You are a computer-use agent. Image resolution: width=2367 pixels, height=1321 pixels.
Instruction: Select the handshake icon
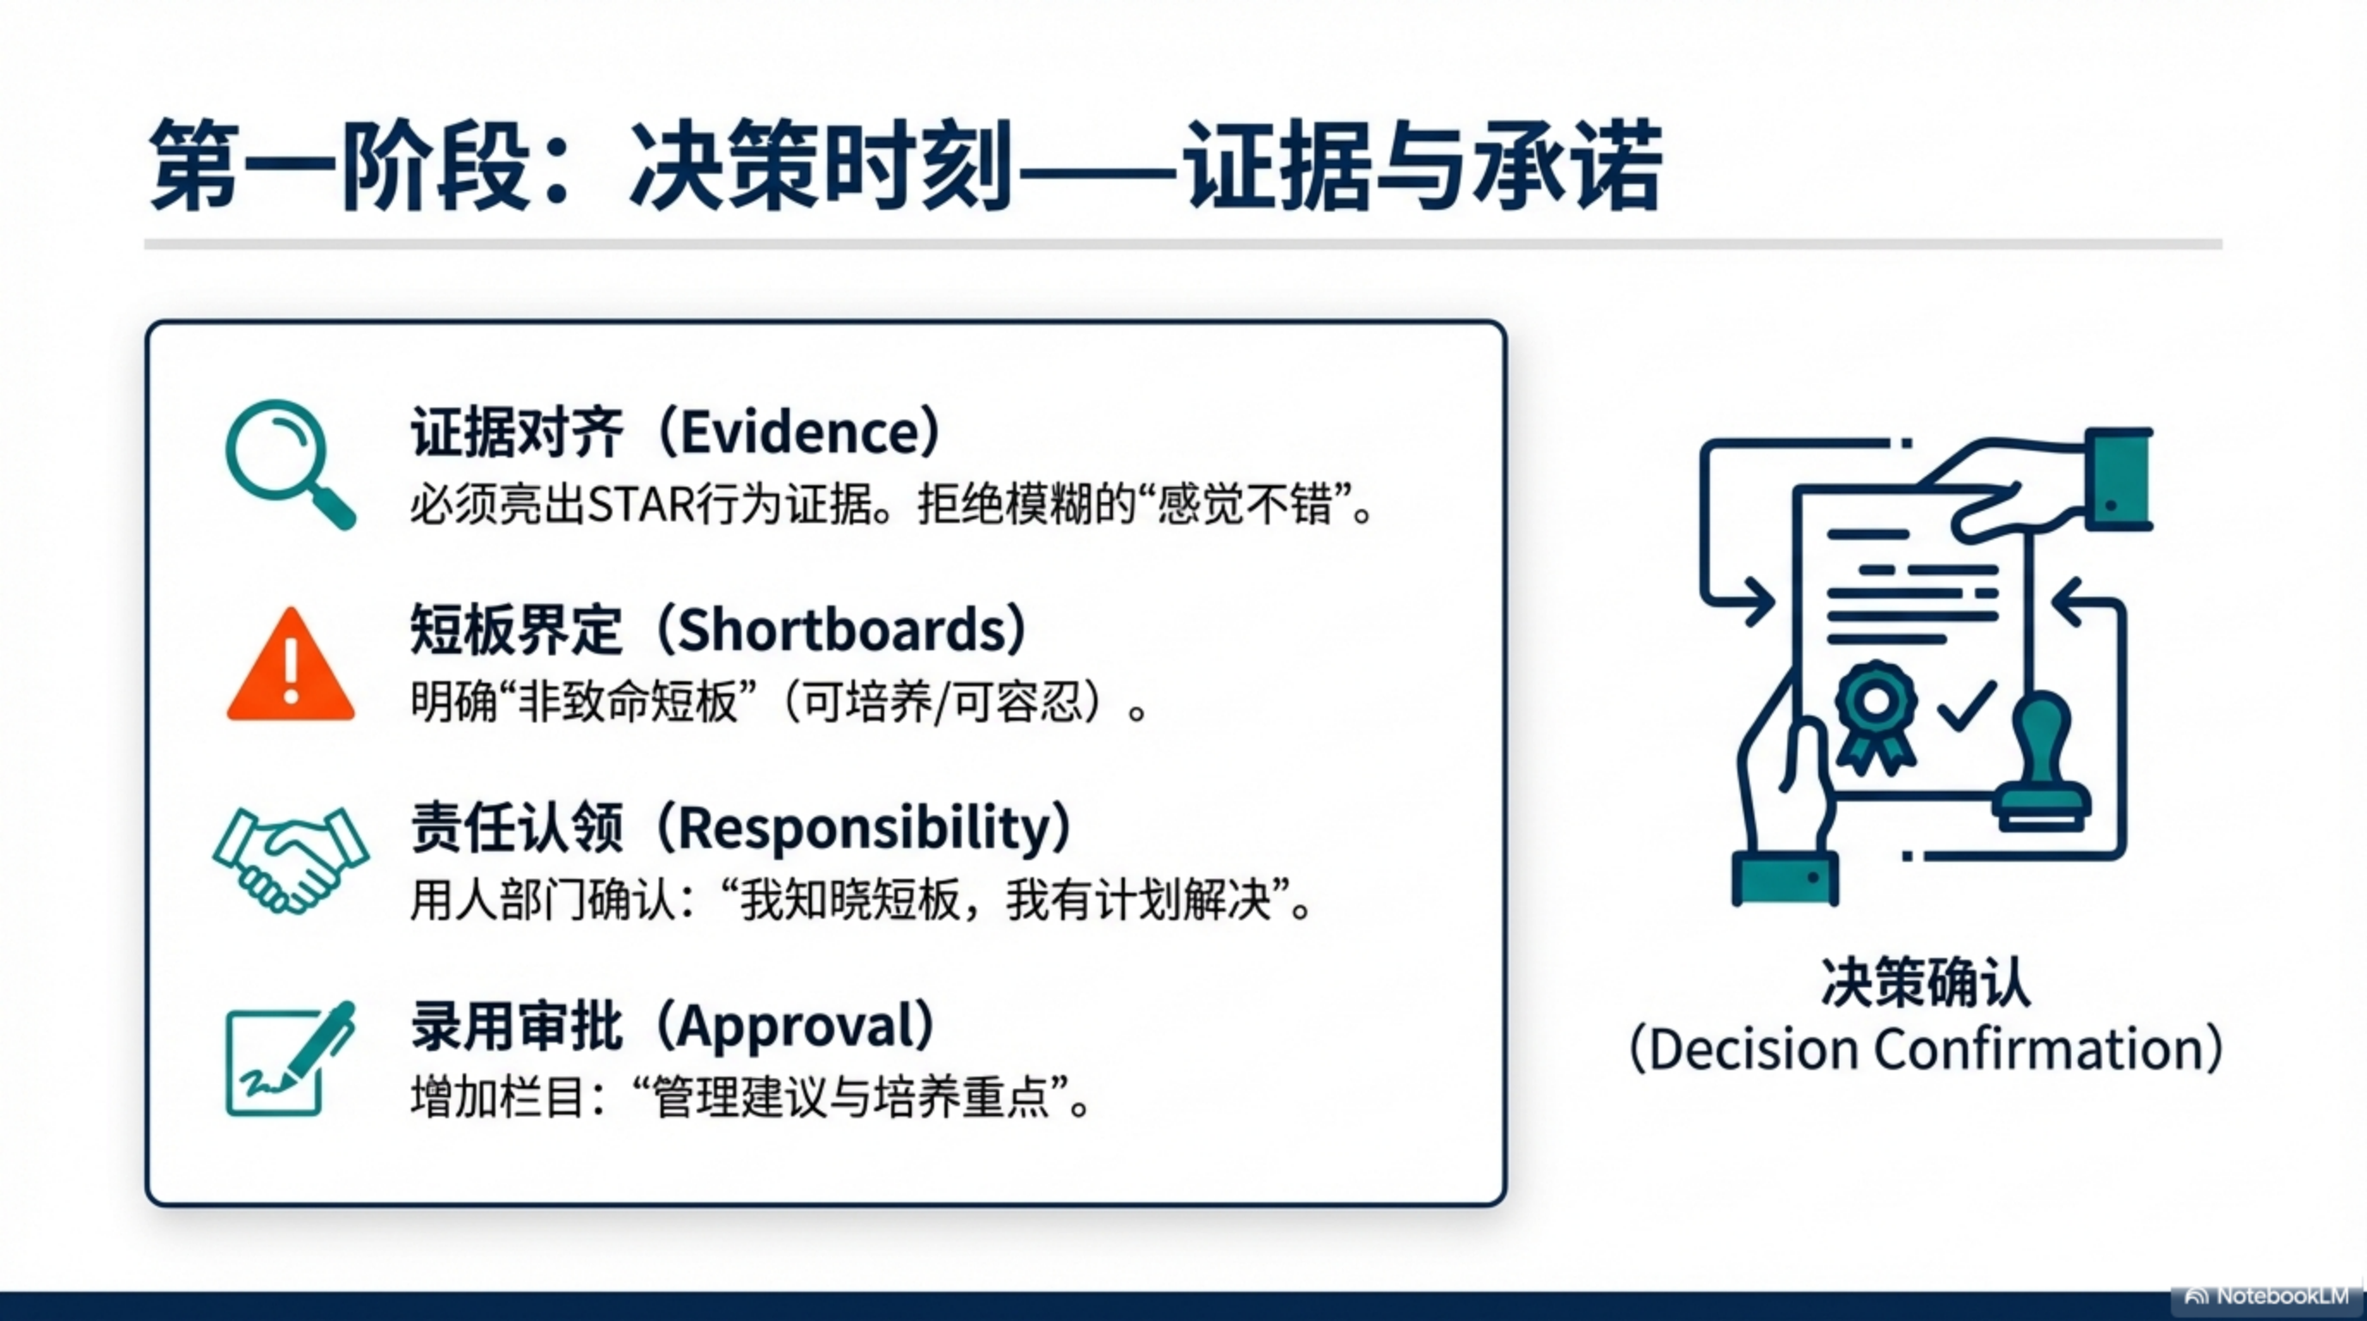tap(291, 859)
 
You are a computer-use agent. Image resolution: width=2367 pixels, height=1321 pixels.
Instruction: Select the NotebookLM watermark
tap(2266, 1296)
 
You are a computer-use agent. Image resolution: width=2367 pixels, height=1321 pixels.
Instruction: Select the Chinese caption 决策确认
tap(1926, 983)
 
